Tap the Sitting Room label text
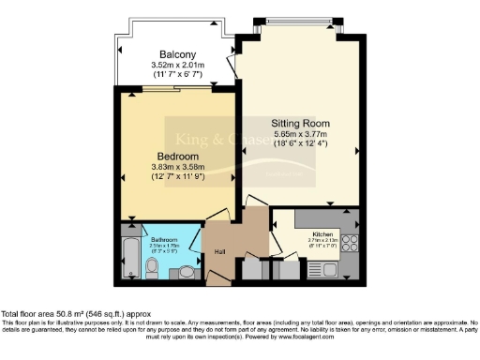[x=298, y=123]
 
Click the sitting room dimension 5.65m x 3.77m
[x=298, y=134]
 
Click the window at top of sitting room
[x=298, y=22]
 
